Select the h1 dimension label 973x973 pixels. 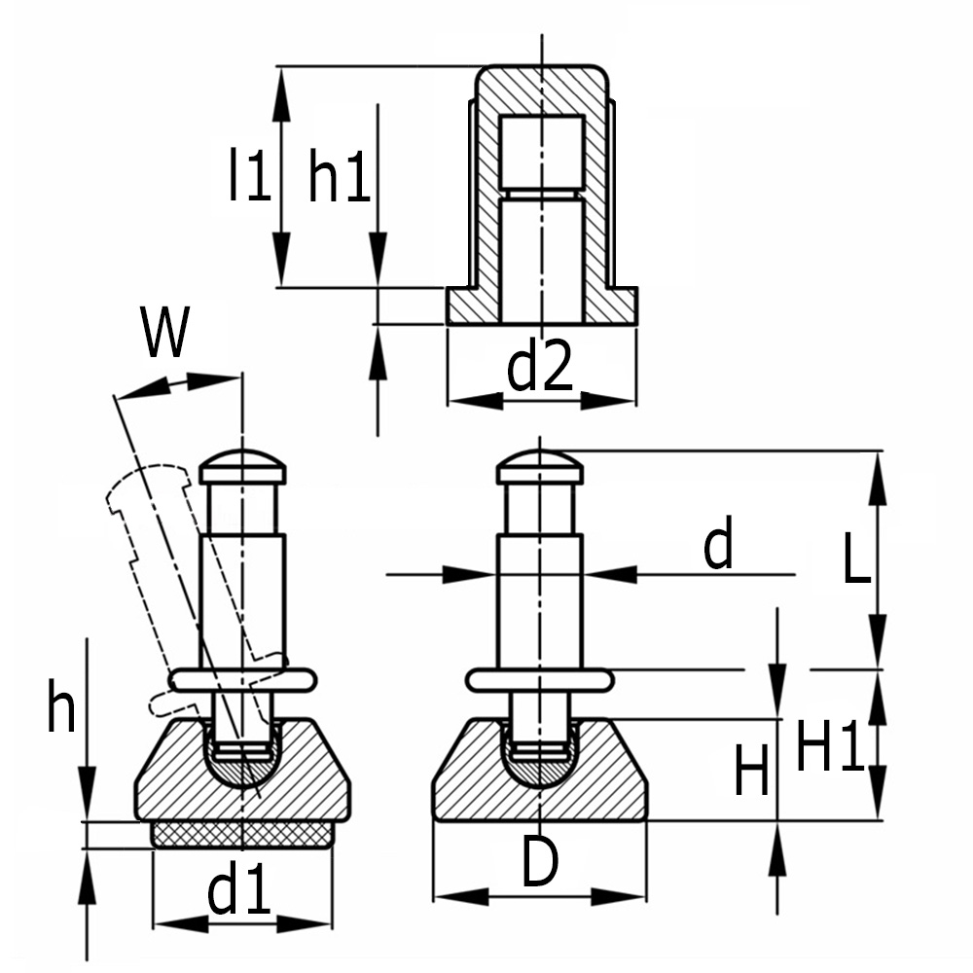tap(339, 175)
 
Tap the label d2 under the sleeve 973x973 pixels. tap(541, 370)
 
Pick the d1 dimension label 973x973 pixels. tap(238, 891)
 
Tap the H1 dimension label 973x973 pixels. tap(829, 747)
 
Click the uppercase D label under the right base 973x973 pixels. tap(539, 862)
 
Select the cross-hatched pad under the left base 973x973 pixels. tap(243, 835)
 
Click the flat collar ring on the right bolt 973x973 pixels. tap(539, 679)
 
